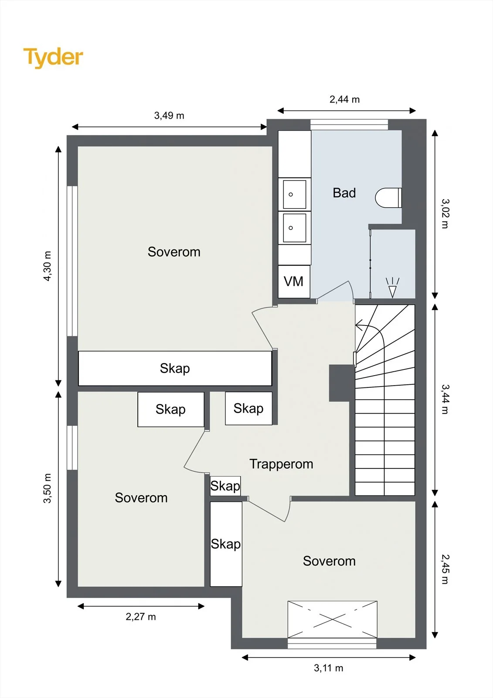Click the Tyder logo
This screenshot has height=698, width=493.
(x=53, y=58)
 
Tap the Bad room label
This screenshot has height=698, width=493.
(x=344, y=193)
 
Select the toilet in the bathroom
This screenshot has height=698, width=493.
(x=388, y=198)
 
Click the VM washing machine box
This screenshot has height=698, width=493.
(x=294, y=281)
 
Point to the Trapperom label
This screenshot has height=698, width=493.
(x=281, y=464)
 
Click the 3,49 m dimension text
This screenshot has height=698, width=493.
(x=169, y=116)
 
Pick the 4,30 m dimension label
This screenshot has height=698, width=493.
(x=47, y=266)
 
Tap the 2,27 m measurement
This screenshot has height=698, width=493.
(x=141, y=616)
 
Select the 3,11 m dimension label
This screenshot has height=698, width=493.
(x=329, y=668)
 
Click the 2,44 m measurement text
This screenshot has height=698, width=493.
(x=344, y=99)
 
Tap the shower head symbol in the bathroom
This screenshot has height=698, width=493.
(x=392, y=287)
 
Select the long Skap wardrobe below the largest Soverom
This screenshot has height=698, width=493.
(x=175, y=368)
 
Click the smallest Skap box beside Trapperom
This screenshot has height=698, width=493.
(x=225, y=486)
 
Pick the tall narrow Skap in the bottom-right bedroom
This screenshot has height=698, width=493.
(x=226, y=544)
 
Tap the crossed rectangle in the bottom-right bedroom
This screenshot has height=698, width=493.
(x=332, y=619)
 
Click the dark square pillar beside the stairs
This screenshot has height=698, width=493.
(x=342, y=383)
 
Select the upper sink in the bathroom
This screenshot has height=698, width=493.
(x=294, y=194)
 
